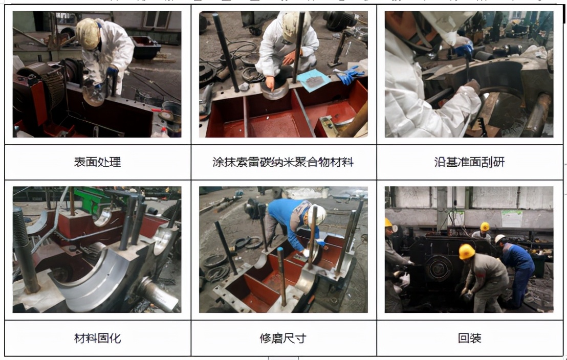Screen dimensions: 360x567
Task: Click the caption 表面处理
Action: click(97, 163)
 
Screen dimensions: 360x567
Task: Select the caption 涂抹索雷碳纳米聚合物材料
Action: click(283, 163)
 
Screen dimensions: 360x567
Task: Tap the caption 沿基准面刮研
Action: click(469, 163)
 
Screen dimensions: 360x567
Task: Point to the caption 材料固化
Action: click(97, 338)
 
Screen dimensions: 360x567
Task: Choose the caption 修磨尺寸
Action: click(283, 338)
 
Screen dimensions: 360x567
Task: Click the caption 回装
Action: click(469, 338)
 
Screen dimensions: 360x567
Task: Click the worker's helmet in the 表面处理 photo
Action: click(88, 34)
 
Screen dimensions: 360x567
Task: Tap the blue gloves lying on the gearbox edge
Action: click(350, 75)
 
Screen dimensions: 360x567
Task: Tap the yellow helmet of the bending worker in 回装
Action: click(466, 252)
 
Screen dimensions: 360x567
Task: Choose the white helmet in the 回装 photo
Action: click(499, 238)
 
